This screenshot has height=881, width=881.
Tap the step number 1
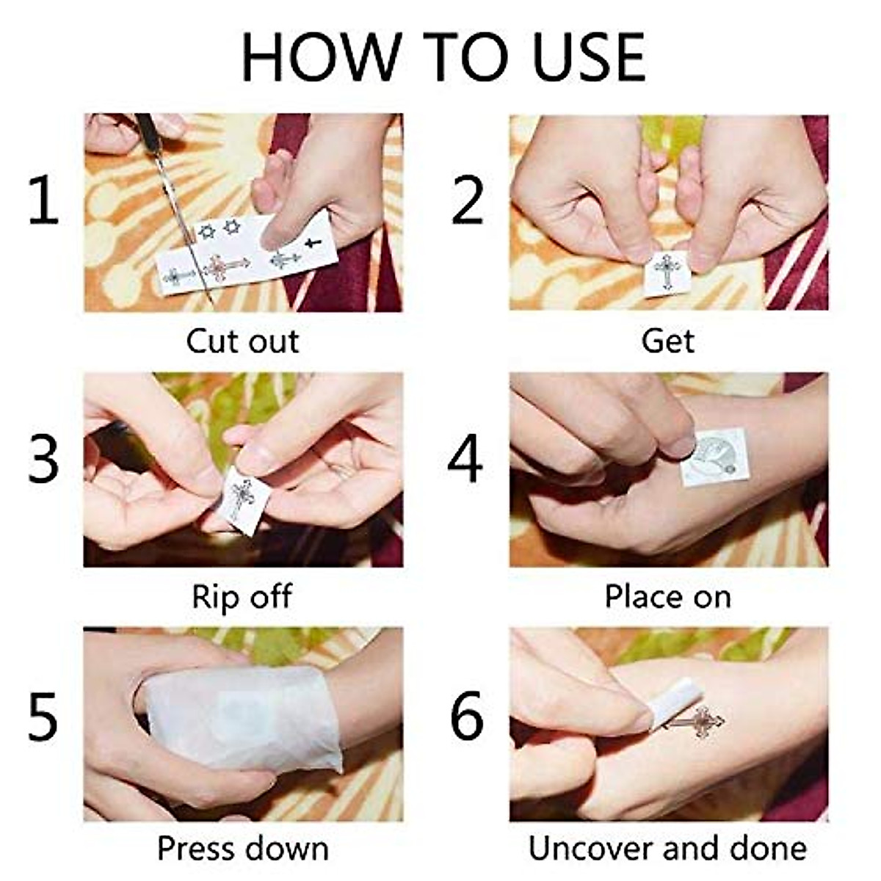click(44, 200)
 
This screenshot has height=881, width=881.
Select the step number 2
click(467, 200)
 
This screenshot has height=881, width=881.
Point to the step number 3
click(43, 459)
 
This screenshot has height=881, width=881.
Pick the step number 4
click(465, 459)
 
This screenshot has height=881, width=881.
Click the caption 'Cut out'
click(243, 341)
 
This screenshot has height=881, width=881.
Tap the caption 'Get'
click(668, 341)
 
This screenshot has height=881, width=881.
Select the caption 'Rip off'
click(242, 597)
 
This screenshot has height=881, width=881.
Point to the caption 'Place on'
click(668, 597)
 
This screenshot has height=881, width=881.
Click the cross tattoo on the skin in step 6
click(695, 722)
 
